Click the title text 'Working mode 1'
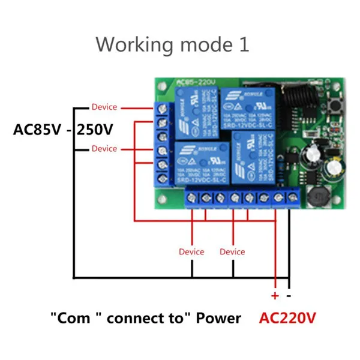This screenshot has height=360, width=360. [x=172, y=44]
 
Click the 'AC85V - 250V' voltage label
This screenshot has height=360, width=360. [x=64, y=130]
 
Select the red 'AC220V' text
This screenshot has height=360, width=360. [x=287, y=317]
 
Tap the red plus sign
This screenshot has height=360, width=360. [x=275, y=295]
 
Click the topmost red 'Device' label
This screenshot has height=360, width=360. [x=104, y=107]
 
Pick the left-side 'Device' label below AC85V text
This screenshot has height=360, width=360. [x=104, y=148]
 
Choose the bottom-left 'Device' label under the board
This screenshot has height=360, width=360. [x=191, y=251]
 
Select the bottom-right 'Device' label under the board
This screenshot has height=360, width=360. [x=232, y=251]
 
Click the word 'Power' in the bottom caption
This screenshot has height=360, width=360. [x=218, y=318]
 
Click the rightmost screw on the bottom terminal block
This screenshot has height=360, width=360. [x=293, y=197]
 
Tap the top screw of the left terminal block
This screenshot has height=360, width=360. [x=163, y=109]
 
